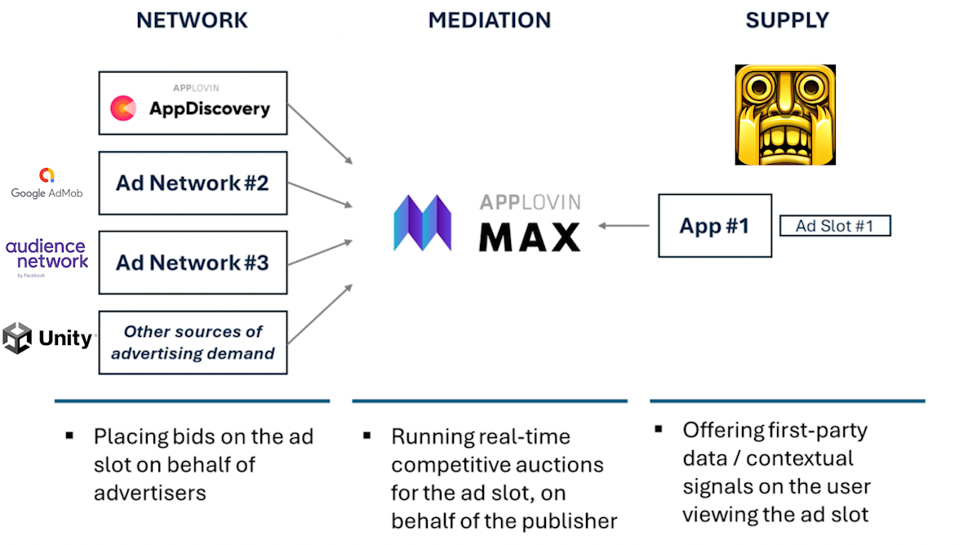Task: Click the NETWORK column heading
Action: click(x=192, y=20)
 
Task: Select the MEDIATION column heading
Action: click(x=490, y=20)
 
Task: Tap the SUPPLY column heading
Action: click(x=787, y=20)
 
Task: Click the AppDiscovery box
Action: click(x=193, y=103)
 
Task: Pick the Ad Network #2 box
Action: click(x=193, y=184)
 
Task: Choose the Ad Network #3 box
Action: click(x=193, y=263)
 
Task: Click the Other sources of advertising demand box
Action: click(x=193, y=343)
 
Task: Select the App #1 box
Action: click(x=715, y=226)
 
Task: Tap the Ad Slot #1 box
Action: click(x=835, y=226)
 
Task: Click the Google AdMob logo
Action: click(x=47, y=184)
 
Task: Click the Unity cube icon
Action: click(x=17, y=339)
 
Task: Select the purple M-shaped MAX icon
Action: click(x=423, y=223)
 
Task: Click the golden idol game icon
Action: click(x=785, y=115)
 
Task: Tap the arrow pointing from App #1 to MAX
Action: click(x=624, y=226)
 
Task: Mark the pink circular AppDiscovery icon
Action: click(x=123, y=108)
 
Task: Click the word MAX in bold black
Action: click(x=530, y=237)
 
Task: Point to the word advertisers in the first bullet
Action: click(x=150, y=493)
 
